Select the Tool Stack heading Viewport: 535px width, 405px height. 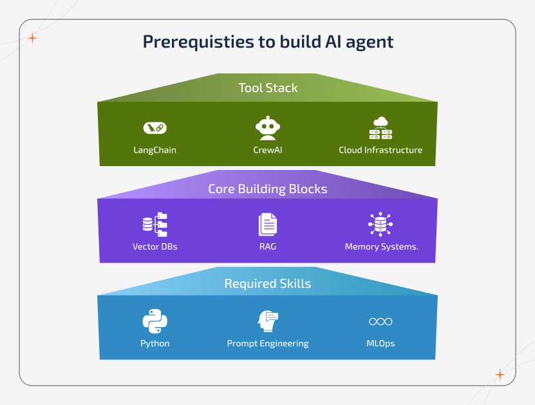268,88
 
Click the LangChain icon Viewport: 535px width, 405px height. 155,127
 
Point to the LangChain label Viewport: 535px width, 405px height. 155,150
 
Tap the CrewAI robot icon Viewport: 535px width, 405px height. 268,127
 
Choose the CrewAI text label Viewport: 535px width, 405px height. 268,150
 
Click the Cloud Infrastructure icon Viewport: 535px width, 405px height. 380,127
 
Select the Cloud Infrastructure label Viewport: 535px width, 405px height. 380,150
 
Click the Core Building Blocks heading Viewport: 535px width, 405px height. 268,189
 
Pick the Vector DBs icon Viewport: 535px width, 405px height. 155,224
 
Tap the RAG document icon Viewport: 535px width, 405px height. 268,224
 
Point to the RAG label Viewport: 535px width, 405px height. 268,247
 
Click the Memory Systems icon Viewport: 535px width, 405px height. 380,224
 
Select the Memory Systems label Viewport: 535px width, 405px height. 381,247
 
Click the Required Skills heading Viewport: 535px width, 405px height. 268,284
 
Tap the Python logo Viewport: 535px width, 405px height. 155,321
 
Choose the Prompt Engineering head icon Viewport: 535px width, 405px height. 268,321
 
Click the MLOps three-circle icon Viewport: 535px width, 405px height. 380,321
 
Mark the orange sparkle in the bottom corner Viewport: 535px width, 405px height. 500,375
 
